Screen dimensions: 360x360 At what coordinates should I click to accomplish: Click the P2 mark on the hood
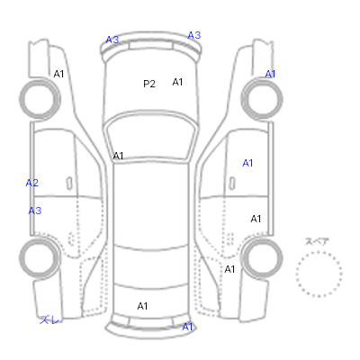pyautogui.click(x=149, y=84)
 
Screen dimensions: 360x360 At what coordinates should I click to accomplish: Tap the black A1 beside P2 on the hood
pyautogui.click(x=177, y=82)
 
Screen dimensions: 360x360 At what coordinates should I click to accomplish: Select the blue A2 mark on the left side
pyautogui.click(x=32, y=183)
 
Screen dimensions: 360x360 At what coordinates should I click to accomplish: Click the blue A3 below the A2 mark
pyautogui.click(x=35, y=211)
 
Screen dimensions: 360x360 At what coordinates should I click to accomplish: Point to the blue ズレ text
pyautogui.click(x=49, y=319)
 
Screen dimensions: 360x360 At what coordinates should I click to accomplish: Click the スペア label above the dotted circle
pyautogui.click(x=317, y=241)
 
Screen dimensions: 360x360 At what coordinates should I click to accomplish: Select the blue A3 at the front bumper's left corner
pyautogui.click(x=112, y=40)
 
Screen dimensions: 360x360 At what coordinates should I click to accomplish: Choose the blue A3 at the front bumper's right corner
pyautogui.click(x=194, y=35)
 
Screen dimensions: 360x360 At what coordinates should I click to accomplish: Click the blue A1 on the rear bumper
pyautogui.click(x=187, y=327)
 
